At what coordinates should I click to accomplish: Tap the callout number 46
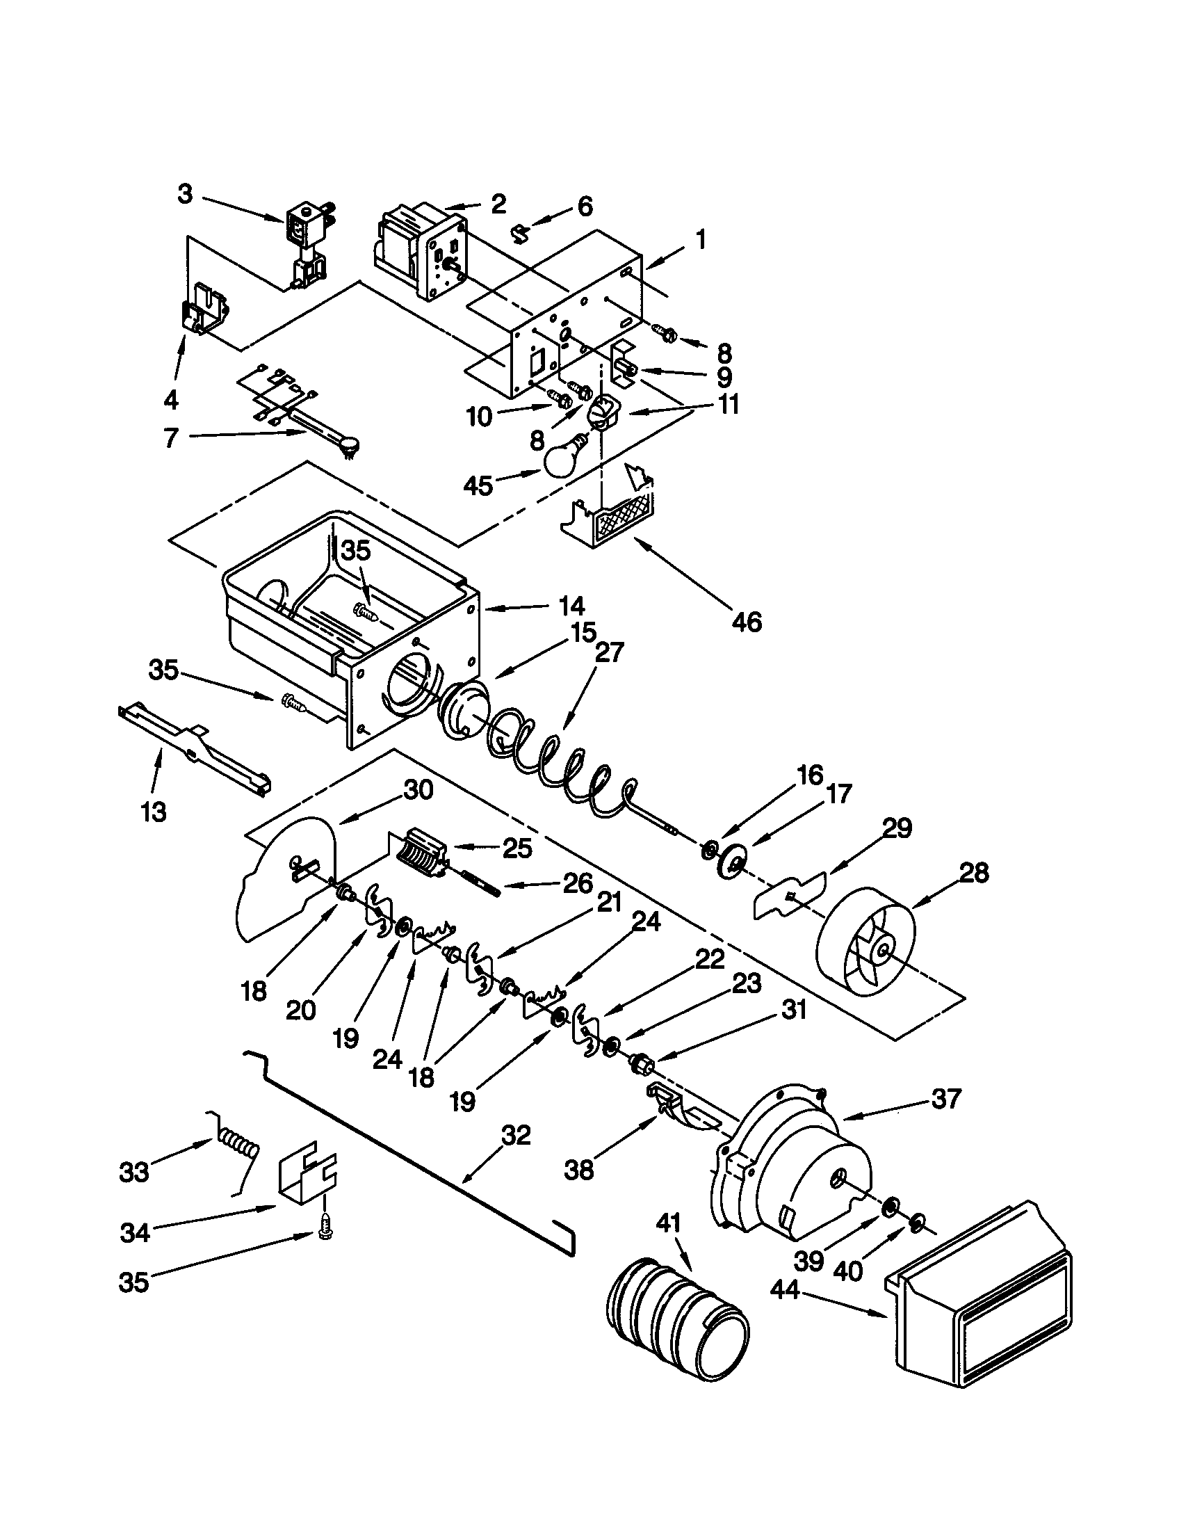(x=747, y=621)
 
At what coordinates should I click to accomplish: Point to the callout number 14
(x=571, y=605)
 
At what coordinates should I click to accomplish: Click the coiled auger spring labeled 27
(x=560, y=767)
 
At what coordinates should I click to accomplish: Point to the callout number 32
(x=516, y=1135)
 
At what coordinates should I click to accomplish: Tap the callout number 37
(x=946, y=1097)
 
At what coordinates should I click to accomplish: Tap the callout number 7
(x=170, y=438)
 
